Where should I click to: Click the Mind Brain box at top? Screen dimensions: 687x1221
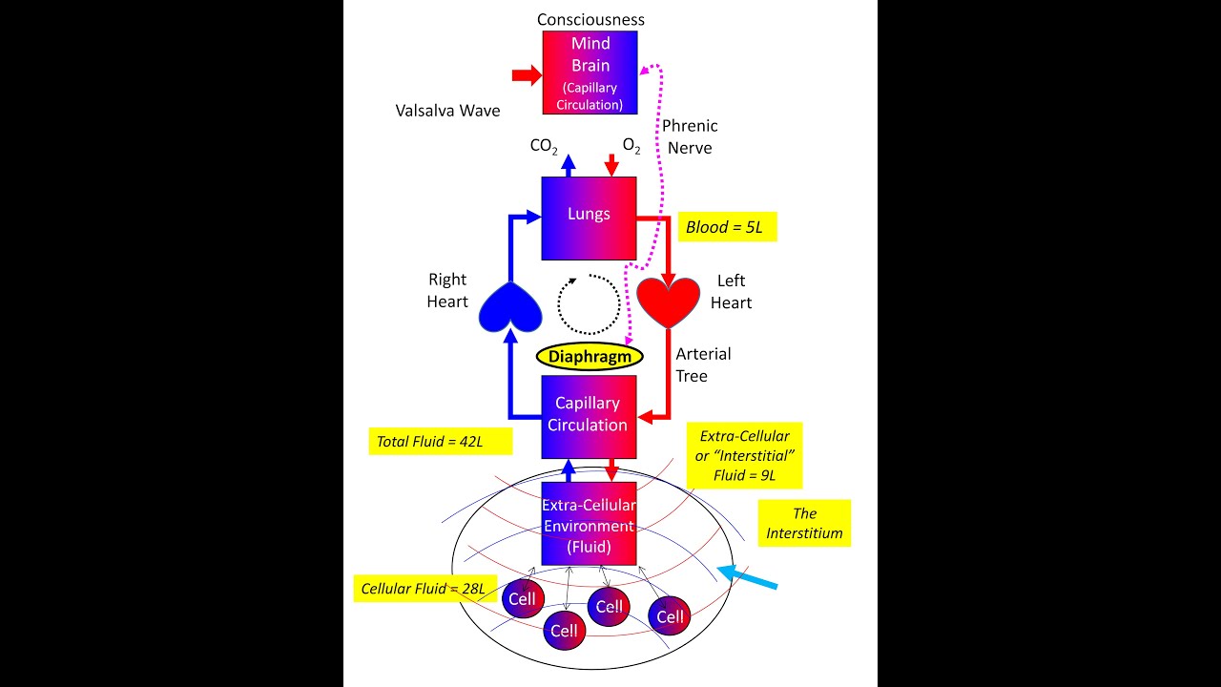(x=590, y=72)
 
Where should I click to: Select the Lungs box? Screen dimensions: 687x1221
(x=589, y=218)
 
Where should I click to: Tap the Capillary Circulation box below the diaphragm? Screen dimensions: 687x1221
(x=589, y=416)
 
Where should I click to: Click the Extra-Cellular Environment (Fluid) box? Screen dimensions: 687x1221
(x=589, y=524)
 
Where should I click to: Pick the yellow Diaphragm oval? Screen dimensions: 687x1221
(x=590, y=356)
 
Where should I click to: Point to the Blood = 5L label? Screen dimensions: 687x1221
(x=726, y=227)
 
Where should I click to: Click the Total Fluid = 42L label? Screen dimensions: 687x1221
(x=440, y=441)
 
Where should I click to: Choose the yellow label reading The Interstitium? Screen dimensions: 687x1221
(x=804, y=523)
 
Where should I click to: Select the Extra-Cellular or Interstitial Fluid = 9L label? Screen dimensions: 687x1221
(x=744, y=455)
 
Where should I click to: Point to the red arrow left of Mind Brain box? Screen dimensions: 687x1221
(x=526, y=75)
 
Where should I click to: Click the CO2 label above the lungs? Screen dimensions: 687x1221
(x=544, y=146)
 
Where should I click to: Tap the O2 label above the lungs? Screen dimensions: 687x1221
(x=631, y=146)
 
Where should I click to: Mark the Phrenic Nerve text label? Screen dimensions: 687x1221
(x=690, y=136)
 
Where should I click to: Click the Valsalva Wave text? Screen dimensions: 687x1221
(x=447, y=111)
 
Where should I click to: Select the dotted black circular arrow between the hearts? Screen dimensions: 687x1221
(x=589, y=304)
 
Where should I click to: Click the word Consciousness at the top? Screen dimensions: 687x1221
(x=590, y=19)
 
